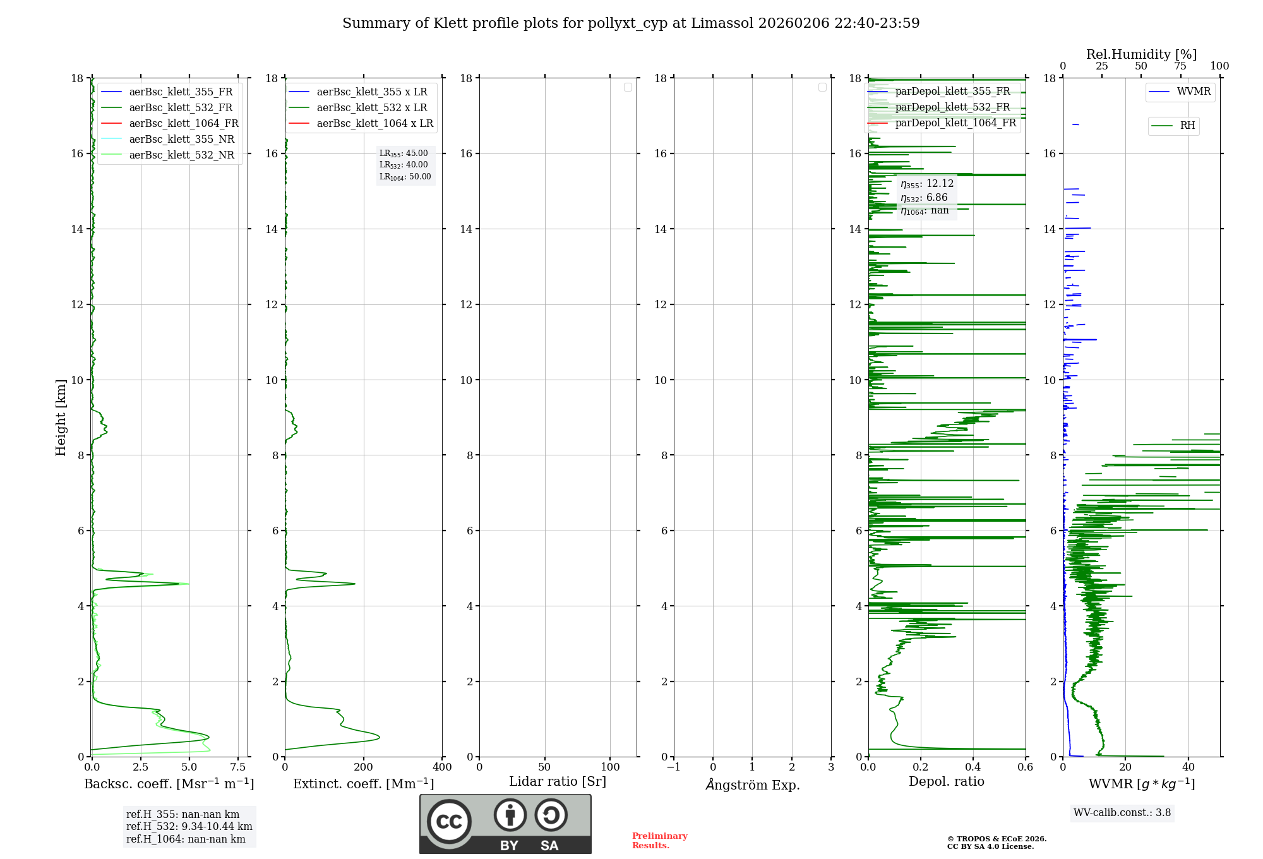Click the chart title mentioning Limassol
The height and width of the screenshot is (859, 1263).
[631, 23]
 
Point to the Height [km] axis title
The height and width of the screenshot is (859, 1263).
[61, 417]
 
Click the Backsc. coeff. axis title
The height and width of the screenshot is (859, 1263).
[169, 784]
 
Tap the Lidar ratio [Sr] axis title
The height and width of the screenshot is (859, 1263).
[558, 781]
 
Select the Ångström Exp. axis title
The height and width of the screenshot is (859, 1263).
[753, 784]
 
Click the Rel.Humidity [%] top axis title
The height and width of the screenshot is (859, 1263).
[1141, 54]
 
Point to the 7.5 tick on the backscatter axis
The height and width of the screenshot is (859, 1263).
[238, 767]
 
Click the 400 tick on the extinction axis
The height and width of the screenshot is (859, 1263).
[442, 767]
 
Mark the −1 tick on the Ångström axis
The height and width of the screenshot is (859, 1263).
[674, 767]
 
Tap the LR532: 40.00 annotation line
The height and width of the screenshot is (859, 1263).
[404, 165]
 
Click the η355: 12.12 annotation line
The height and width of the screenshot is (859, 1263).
[927, 184]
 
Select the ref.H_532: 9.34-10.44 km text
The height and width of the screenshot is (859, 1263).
[189, 826]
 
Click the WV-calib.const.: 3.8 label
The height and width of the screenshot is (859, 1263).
[1122, 813]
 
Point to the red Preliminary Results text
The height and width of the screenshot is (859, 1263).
[659, 841]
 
